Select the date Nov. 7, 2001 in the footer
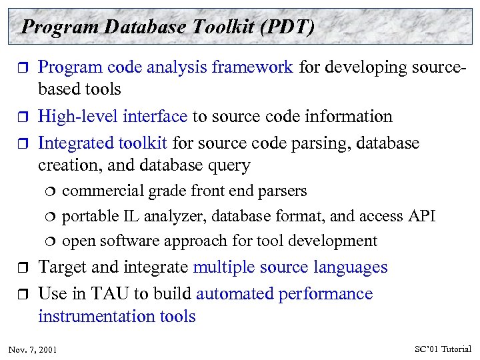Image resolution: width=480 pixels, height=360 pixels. (x=33, y=349)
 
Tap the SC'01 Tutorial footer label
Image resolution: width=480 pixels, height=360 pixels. (x=443, y=349)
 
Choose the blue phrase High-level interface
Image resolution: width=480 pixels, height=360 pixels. (x=113, y=117)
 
